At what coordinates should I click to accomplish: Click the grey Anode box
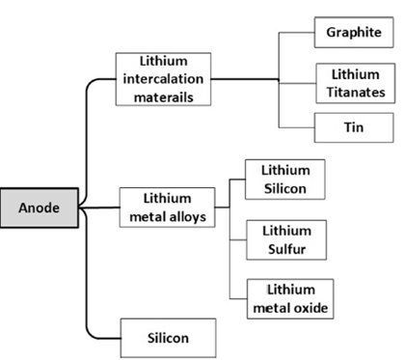[40, 208]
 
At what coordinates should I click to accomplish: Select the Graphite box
[354, 33]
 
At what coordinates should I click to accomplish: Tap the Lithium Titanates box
[356, 83]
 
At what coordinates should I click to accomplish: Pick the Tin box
[354, 127]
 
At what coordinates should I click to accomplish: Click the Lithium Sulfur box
[286, 240]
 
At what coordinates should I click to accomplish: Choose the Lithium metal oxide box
[290, 299]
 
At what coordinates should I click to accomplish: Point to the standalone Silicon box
[168, 338]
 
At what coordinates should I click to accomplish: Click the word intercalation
[163, 79]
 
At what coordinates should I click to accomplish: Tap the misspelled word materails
[164, 97]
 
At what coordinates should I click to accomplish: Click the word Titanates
[356, 93]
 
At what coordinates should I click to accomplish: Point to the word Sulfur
[286, 249]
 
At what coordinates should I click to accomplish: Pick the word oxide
[310, 308]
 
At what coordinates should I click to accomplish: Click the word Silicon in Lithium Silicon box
[285, 189]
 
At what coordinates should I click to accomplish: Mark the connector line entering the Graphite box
[296, 33]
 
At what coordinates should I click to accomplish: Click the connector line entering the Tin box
[296, 127]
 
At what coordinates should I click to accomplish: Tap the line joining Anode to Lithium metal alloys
[99, 208]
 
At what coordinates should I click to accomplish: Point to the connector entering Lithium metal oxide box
[238, 299]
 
